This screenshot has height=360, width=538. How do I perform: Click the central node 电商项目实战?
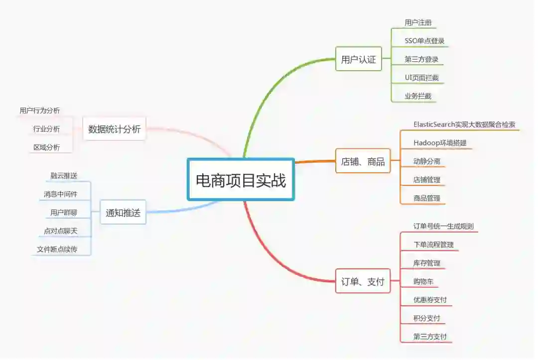tap(241, 180)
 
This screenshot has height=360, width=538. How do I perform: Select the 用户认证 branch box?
tap(358, 60)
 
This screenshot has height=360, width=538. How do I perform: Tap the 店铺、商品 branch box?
tap(363, 161)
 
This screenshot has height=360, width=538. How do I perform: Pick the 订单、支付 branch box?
tap(363, 282)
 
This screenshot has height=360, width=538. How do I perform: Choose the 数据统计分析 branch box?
tap(114, 129)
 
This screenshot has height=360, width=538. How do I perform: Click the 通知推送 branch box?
tap(123, 213)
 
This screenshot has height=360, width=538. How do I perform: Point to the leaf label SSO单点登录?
tap(424, 41)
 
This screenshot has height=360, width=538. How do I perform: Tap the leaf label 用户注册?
tap(418, 22)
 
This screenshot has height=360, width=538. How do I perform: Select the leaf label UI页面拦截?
tap(421, 78)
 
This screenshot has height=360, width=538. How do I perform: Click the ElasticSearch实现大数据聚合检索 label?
tap(464, 124)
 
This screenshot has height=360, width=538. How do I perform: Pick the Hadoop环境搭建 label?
tap(440, 143)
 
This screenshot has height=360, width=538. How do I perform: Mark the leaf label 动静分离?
tap(426, 161)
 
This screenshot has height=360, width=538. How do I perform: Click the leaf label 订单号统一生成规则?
tap(443, 226)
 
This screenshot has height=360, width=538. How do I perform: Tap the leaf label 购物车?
tap(423, 281)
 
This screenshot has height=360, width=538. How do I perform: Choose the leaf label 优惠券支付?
tap(430, 300)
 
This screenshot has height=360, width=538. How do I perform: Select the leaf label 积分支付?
tap(426, 318)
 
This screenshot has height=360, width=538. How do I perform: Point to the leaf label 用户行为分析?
tap(40, 111)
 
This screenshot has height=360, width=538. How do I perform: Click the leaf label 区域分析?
tap(46, 147)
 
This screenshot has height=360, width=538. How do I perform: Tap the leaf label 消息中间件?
tap(60, 194)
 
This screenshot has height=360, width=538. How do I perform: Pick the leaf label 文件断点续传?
tap(57, 249)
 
